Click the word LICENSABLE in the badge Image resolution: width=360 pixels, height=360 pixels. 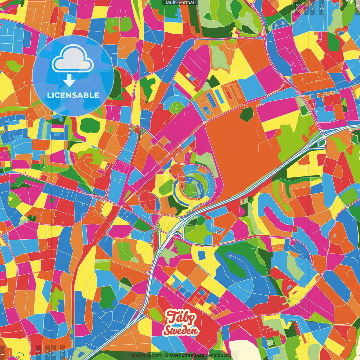73,95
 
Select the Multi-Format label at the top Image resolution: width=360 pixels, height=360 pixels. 180,3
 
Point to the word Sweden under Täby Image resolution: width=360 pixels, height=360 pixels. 181,330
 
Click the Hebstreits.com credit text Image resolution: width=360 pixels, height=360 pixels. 145,355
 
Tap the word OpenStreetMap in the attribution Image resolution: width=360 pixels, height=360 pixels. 187,355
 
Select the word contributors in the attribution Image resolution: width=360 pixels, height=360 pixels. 218,355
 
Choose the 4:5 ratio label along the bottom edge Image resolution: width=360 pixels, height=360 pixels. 38,352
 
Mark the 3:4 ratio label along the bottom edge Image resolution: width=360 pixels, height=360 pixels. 47,352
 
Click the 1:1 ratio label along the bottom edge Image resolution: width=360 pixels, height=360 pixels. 3,352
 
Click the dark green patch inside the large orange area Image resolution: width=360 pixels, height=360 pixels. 247,114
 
